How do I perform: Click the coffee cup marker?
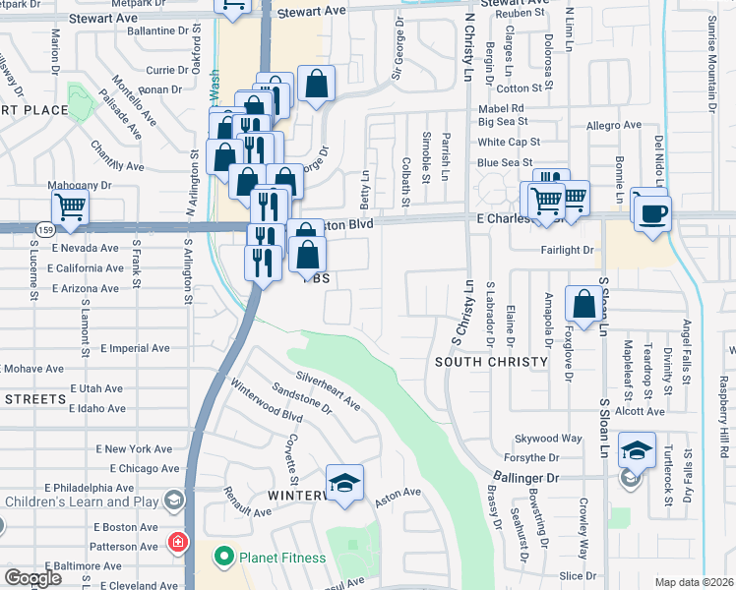(x=652, y=211)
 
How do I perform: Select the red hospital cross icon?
(x=176, y=542)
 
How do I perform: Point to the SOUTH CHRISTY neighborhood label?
(x=491, y=362)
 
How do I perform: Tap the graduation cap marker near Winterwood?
(x=344, y=483)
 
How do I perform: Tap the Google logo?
(x=32, y=578)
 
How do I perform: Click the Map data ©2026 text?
(x=695, y=582)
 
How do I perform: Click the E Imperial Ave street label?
(x=138, y=348)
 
